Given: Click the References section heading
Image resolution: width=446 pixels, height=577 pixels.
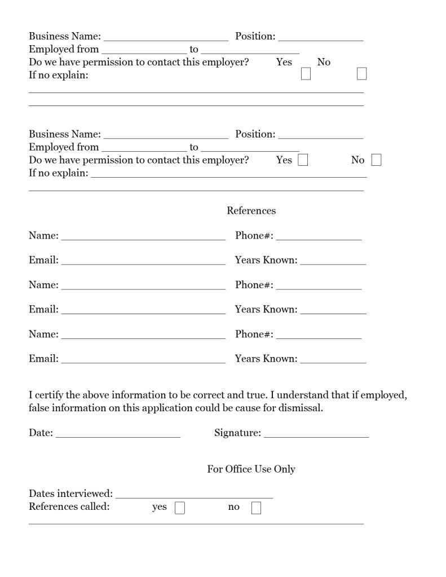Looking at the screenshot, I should click(251, 211).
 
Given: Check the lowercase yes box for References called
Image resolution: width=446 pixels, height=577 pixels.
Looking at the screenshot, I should click(180, 508).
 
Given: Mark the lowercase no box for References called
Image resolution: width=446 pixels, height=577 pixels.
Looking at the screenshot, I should click(256, 508).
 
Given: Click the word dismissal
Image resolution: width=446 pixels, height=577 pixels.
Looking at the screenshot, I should click(301, 408).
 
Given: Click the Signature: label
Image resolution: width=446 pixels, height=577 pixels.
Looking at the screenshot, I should click(237, 433).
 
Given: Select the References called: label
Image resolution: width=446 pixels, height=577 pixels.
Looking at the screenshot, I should click(69, 506).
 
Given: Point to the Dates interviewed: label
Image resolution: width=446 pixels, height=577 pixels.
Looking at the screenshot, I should click(70, 494).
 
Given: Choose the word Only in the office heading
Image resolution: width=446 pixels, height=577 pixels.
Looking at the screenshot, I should click(284, 469).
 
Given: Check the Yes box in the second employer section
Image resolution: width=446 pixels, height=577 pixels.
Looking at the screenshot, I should click(303, 160).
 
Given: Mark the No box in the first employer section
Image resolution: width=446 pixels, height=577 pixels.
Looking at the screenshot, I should click(361, 74).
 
